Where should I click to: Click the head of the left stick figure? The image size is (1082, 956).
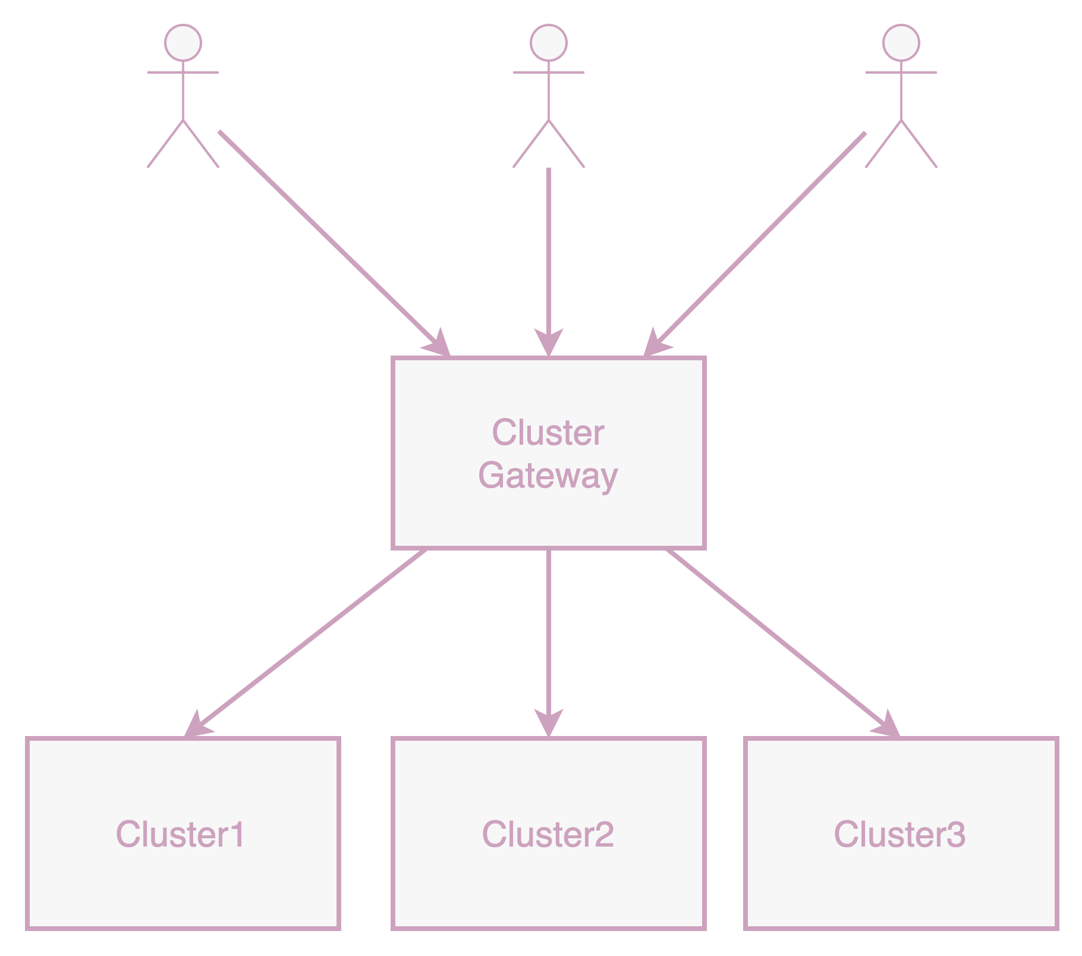pyautogui.click(x=183, y=43)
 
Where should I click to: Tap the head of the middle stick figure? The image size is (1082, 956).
pyautogui.click(x=549, y=43)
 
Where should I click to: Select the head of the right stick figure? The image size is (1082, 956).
pyautogui.click(x=901, y=43)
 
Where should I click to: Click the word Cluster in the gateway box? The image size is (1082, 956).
pyautogui.click(x=548, y=433)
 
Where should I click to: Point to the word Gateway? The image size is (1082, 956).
pyautogui.click(x=548, y=476)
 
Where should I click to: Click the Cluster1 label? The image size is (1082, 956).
pyautogui.click(x=180, y=834)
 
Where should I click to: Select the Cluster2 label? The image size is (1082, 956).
pyautogui.click(x=548, y=834)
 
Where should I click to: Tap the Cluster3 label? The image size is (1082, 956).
pyautogui.click(x=899, y=834)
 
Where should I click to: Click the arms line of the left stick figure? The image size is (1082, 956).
pyautogui.click(x=183, y=73)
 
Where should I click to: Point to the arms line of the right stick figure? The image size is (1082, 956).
pyautogui.click(x=901, y=73)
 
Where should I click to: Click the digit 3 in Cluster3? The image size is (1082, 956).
pyautogui.click(x=956, y=834)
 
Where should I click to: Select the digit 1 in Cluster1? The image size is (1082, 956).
pyautogui.click(x=237, y=834)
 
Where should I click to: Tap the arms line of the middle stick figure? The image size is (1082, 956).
pyautogui.click(x=549, y=73)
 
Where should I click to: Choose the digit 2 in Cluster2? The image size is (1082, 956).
pyautogui.click(x=603, y=834)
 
